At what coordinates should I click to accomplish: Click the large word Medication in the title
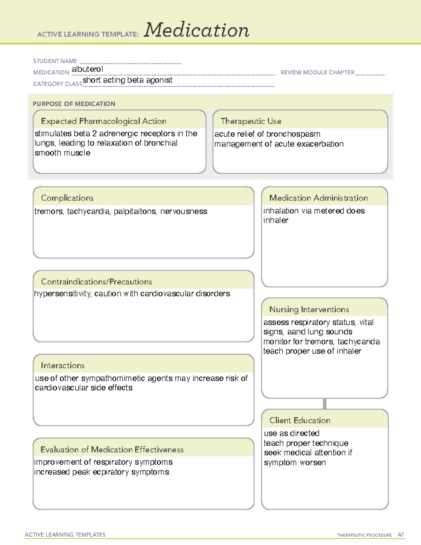pyautogui.click(x=196, y=30)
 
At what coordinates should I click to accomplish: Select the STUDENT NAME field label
pyautogui.click(x=55, y=61)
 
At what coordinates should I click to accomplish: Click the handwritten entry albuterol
pyautogui.click(x=87, y=69)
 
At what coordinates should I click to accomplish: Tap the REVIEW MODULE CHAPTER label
pyautogui.click(x=318, y=72)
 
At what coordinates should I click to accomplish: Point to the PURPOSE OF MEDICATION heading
pyautogui.click(x=74, y=104)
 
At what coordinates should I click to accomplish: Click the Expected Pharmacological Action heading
pyautogui.click(x=103, y=121)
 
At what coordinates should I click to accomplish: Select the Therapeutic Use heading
pyautogui.click(x=251, y=121)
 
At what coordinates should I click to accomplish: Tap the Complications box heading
pyautogui.click(x=67, y=198)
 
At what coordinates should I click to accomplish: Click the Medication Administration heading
pyautogui.click(x=319, y=198)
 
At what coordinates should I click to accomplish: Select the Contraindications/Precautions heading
pyautogui.click(x=96, y=282)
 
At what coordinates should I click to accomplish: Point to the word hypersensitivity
pyautogui.click(x=62, y=294)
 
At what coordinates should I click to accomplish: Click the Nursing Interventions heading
pyautogui.click(x=309, y=310)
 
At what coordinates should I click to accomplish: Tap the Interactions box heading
pyautogui.click(x=62, y=366)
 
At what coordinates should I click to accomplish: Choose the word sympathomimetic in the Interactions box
pyautogui.click(x=113, y=378)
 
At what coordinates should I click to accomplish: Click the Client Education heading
pyautogui.click(x=300, y=420)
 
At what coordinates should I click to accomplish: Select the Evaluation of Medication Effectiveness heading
pyautogui.click(x=112, y=450)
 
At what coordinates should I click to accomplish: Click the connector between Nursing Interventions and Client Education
pyautogui.click(x=325, y=404)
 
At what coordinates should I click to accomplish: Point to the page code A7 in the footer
pyautogui.click(x=401, y=535)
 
